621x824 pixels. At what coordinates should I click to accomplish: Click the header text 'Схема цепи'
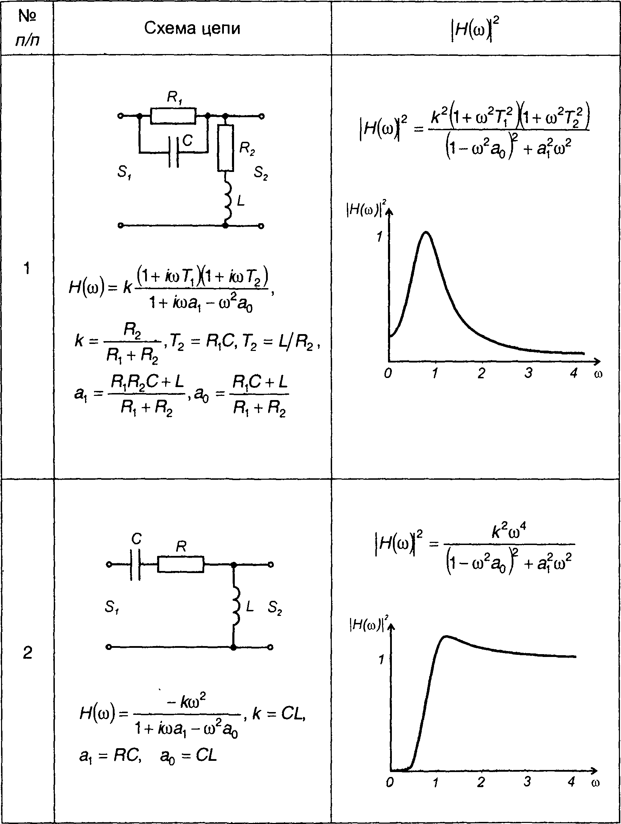point(192,28)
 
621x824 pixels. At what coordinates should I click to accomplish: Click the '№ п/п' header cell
point(27,28)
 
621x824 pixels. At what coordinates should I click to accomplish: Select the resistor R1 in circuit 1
point(173,116)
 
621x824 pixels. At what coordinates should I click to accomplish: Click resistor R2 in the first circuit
point(225,148)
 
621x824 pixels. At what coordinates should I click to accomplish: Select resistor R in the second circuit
point(181,565)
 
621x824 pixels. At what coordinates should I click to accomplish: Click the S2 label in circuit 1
point(261,173)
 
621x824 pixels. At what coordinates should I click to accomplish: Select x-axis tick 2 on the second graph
point(481,782)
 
